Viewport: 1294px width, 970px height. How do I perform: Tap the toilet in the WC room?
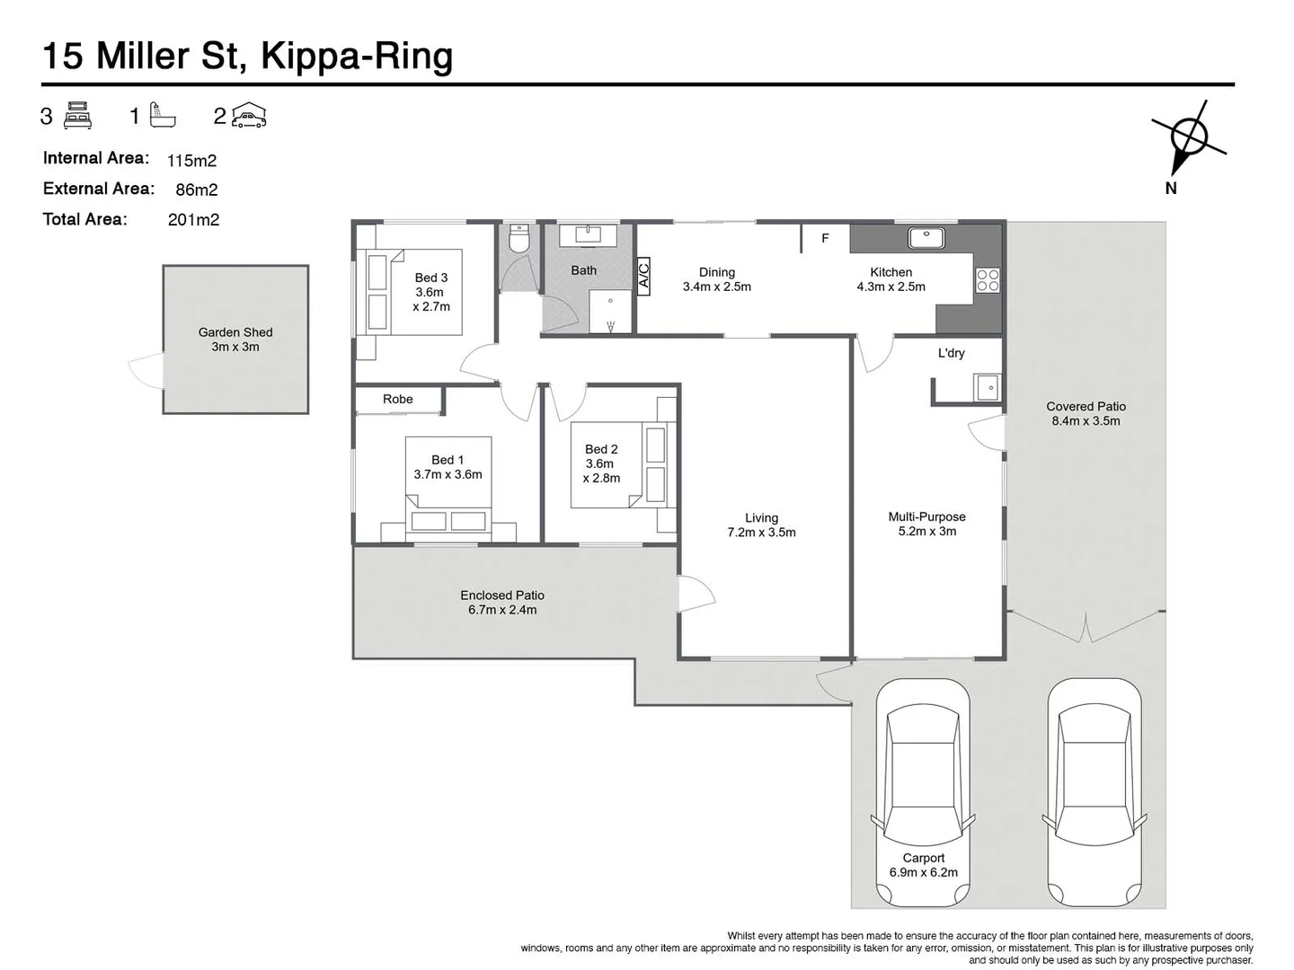tap(519, 239)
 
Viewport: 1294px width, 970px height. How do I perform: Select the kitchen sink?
tap(925, 238)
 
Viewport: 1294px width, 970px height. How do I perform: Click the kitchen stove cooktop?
tap(987, 280)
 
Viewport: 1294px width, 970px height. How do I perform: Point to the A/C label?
tap(643, 274)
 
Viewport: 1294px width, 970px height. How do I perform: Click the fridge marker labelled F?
tap(825, 238)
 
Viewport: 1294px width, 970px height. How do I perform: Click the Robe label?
tap(398, 400)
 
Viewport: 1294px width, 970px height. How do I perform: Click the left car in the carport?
tap(923, 790)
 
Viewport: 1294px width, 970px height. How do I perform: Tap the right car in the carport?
tap(1094, 790)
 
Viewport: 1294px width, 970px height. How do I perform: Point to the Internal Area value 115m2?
tap(191, 161)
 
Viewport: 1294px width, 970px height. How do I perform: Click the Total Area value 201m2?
tap(193, 220)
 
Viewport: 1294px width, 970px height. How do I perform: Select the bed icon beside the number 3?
tap(78, 116)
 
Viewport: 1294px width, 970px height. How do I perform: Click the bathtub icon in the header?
tap(163, 115)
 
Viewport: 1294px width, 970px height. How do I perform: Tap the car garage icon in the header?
tap(249, 116)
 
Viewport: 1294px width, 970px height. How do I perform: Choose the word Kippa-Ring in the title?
tap(357, 56)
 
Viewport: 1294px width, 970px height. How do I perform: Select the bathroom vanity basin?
tap(588, 234)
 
